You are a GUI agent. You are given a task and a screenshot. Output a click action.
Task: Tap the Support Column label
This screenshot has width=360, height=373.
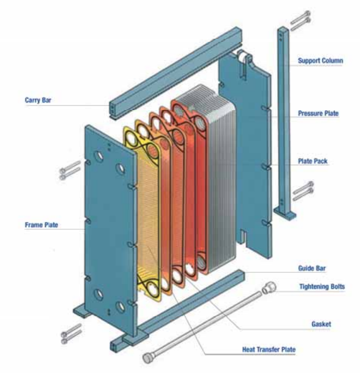coord(320,61)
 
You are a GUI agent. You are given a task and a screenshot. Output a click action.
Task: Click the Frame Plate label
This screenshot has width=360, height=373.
coord(41,225)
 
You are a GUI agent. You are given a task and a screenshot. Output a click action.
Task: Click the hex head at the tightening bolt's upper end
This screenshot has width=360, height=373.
coord(270,287)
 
